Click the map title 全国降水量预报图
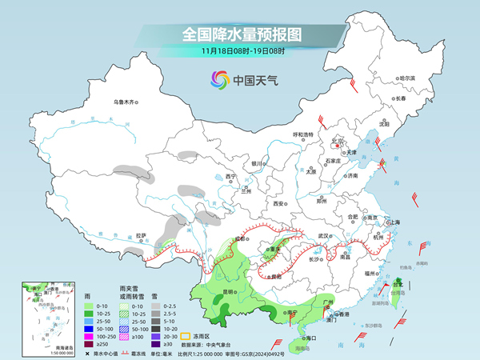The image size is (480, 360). pyautogui.click(x=239, y=34)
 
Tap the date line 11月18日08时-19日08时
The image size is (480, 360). pyautogui.click(x=239, y=51)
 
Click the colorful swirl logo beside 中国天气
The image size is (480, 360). pyautogui.click(x=219, y=79)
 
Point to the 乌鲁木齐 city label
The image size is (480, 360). pyautogui.click(x=126, y=102)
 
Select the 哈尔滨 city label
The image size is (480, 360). pyautogui.click(x=407, y=78)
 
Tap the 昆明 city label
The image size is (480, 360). pyautogui.click(x=229, y=292)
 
